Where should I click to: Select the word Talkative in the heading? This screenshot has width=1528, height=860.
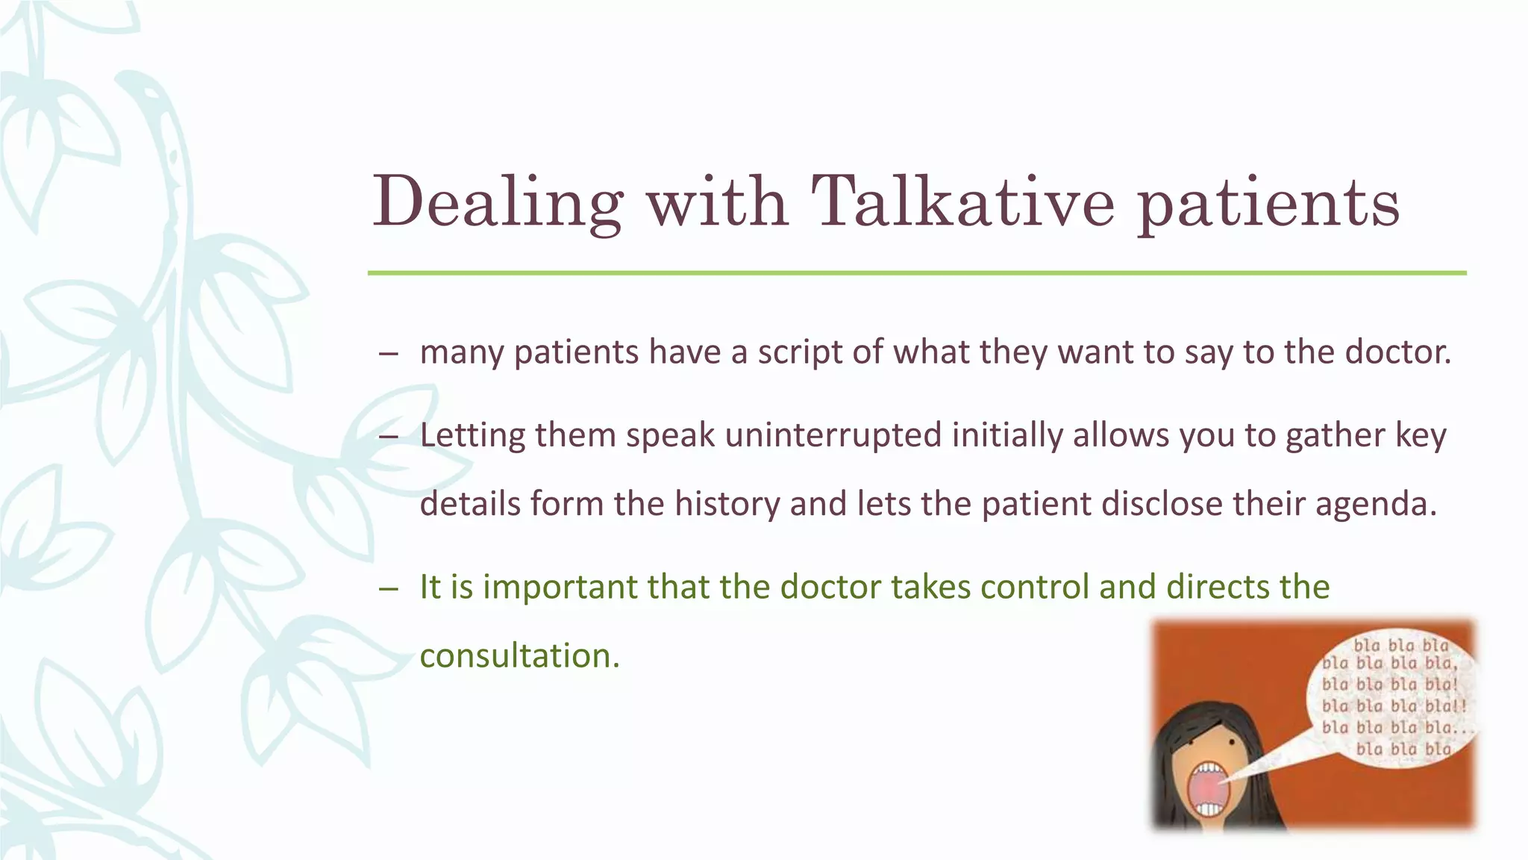tap(962, 202)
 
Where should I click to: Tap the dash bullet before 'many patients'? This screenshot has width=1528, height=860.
tap(388, 354)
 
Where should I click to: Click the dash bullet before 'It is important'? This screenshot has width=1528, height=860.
tap(388, 589)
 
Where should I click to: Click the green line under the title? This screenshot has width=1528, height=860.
tap(916, 273)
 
